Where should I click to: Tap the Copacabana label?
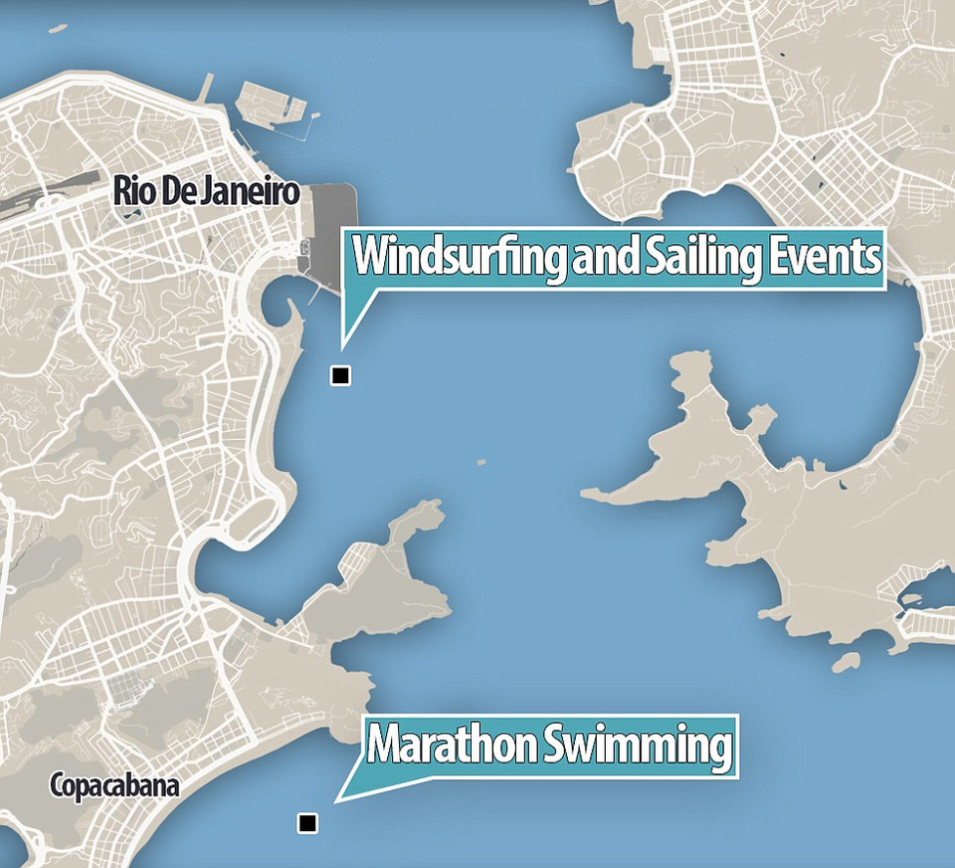point(115,787)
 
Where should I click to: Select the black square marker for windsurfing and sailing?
point(341,375)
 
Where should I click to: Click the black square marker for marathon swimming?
point(307,823)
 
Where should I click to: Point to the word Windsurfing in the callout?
point(460,258)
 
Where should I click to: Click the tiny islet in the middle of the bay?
point(481,461)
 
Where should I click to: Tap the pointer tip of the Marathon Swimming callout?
point(336,800)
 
